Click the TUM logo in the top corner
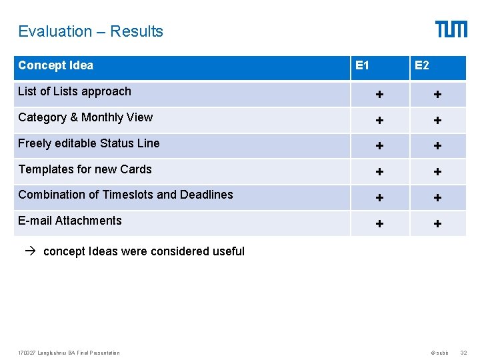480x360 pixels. [x=451, y=29]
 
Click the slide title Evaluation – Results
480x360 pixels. [x=91, y=31]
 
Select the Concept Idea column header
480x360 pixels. [x=55, y=65]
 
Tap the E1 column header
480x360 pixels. [x=363, y=65]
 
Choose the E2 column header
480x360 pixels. [x=422, y=65]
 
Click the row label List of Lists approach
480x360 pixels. [x=75, y=91]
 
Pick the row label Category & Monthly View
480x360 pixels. [x=85, y=117]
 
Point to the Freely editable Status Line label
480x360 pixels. [x=89, y=143]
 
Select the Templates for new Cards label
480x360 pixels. [x=85, y=169]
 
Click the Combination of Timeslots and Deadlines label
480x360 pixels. [x=125, y=195]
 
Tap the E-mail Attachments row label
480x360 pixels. [x=70, y=221]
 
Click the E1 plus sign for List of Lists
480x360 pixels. [x=379, y=95]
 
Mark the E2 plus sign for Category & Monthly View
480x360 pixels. [x=437, y=121]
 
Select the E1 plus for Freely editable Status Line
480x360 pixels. [x=379, y=146]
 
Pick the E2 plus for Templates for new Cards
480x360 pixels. [x=437, y=172]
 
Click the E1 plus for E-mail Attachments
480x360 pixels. [x=379, y=224]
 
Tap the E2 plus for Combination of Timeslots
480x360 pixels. [x=437, y=198]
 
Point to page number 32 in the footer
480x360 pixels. [x=464, y=353]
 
